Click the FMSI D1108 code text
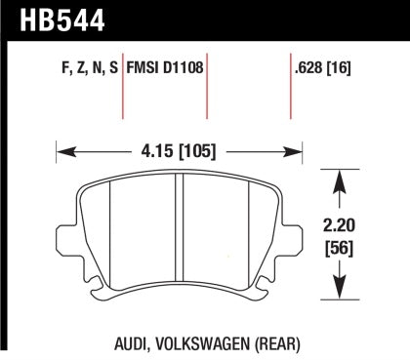click(x=164, y=70)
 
